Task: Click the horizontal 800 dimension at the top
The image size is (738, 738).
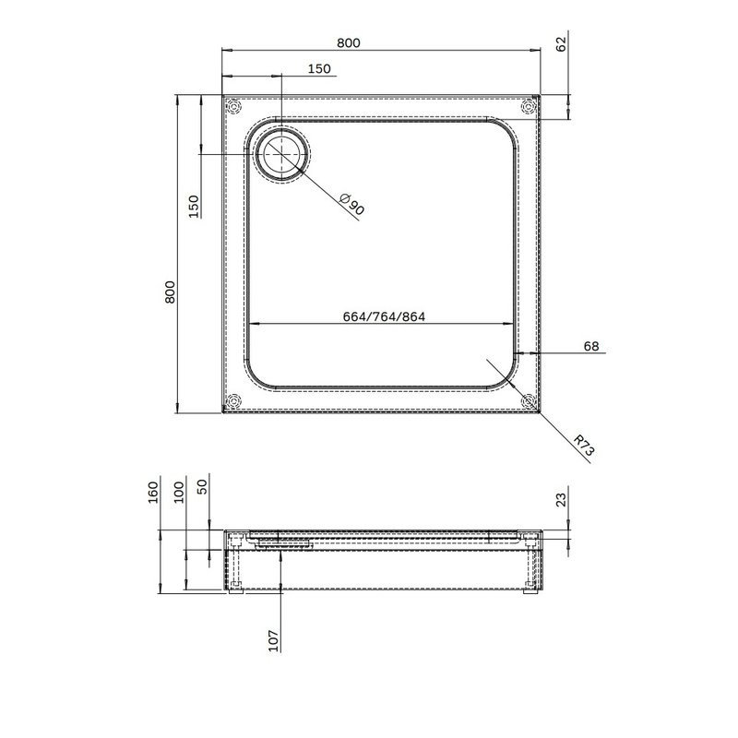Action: (x=348, y=42)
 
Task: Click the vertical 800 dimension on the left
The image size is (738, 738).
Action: (x=169, y=292)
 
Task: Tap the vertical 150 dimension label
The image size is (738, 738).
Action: (x=194, y=206)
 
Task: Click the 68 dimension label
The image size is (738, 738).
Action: (x=591, y=347)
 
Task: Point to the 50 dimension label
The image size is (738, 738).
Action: (x=204, y=486)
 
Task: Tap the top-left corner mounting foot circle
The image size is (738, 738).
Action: (x=233, y=106)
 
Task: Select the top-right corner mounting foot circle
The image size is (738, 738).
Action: (x=529, y=107)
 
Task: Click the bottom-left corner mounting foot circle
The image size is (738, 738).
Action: (x=233, y=401)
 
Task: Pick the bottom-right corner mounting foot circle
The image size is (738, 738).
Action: (x=529, y=401)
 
